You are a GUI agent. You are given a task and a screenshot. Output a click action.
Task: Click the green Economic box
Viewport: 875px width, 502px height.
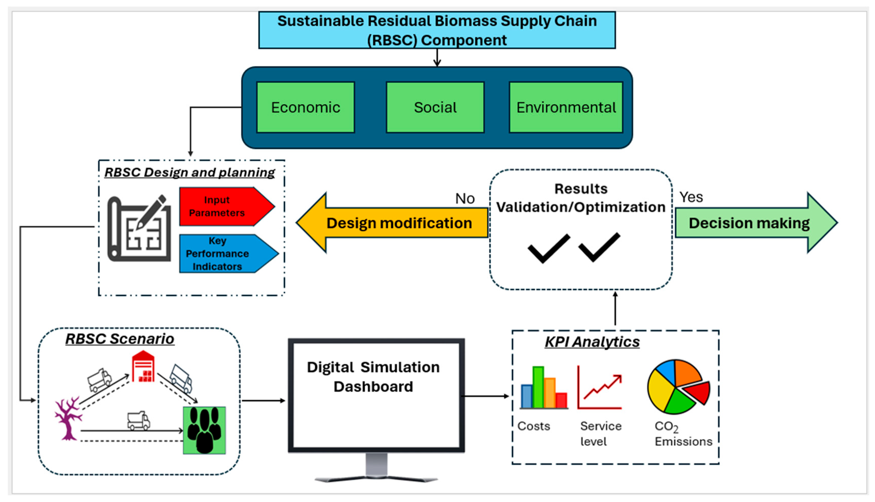[305, 107]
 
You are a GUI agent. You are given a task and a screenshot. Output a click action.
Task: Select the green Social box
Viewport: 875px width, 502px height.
[435, 107]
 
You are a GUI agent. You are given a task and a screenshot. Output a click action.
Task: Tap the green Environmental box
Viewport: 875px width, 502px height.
[566, 107]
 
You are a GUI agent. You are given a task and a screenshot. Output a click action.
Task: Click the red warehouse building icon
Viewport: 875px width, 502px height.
[143, 367]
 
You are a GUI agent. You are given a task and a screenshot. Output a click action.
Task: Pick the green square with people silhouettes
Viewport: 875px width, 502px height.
[204, 430]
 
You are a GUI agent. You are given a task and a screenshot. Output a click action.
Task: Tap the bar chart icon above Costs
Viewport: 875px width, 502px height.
[544, 388]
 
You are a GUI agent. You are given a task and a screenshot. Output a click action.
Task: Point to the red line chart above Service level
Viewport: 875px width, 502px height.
[600, 388]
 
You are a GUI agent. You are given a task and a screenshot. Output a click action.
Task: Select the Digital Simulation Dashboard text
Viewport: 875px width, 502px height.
[373, 377]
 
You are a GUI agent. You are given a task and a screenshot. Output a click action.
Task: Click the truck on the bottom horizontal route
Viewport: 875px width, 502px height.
[138, 421]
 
